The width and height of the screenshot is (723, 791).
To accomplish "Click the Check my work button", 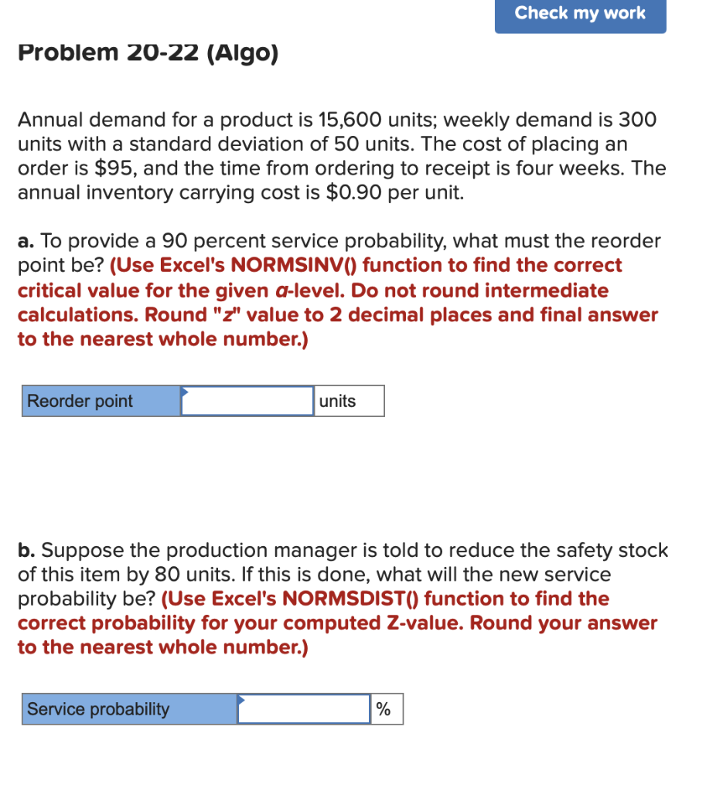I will point(580,13).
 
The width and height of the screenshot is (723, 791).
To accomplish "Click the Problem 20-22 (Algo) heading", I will point(148,53).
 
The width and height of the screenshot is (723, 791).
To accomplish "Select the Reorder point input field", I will point(247,401).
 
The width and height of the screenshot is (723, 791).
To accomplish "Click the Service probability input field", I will point(304,709).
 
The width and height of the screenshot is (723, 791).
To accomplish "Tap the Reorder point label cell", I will point(101,401).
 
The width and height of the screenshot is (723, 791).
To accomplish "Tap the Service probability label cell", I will point(129,709).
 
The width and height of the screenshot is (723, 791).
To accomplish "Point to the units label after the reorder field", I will point(348,401).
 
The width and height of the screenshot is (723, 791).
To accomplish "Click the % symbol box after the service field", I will point(387,709).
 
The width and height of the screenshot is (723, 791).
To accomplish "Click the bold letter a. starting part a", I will point(26,241).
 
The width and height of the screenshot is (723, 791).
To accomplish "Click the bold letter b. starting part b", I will point(26,551).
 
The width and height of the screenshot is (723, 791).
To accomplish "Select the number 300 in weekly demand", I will point(636,120).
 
